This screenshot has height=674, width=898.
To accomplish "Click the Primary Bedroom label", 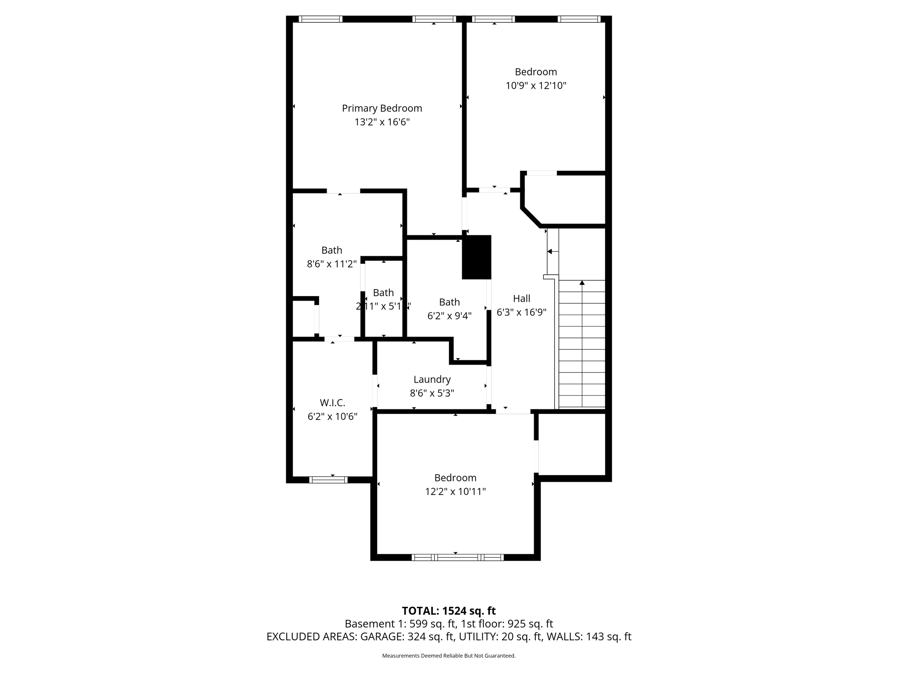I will point(382,108).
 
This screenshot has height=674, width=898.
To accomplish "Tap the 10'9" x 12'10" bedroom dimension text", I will point(536,86).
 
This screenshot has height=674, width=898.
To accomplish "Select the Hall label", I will point(521,299).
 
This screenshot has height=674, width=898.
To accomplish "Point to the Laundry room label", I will point(432,380).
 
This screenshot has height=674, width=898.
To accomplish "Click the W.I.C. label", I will point(332,403).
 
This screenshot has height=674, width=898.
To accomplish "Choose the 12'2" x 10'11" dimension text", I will point(455,491).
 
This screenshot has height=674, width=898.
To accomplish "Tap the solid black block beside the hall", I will point(477,257).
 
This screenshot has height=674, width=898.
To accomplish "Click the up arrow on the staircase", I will point(582,283).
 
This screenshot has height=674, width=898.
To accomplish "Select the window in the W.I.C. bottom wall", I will point(328,480).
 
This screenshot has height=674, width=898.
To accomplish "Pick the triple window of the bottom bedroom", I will point(457,557).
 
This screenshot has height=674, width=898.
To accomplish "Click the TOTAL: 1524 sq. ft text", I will point(449,611).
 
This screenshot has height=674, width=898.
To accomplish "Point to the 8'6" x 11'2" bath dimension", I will point(331,264).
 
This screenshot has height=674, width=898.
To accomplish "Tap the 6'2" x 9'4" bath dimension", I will point(449,316).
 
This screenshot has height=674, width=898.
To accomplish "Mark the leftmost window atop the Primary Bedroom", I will point(321,19).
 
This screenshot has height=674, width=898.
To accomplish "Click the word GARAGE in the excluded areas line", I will point(382,637).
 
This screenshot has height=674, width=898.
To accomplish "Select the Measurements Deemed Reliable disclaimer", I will point(449,656).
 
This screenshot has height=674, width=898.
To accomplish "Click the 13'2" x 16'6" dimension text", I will point(382,122).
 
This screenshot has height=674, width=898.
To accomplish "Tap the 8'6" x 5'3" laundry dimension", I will point(432,393).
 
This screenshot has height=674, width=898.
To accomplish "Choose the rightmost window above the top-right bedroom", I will point(579,19).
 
